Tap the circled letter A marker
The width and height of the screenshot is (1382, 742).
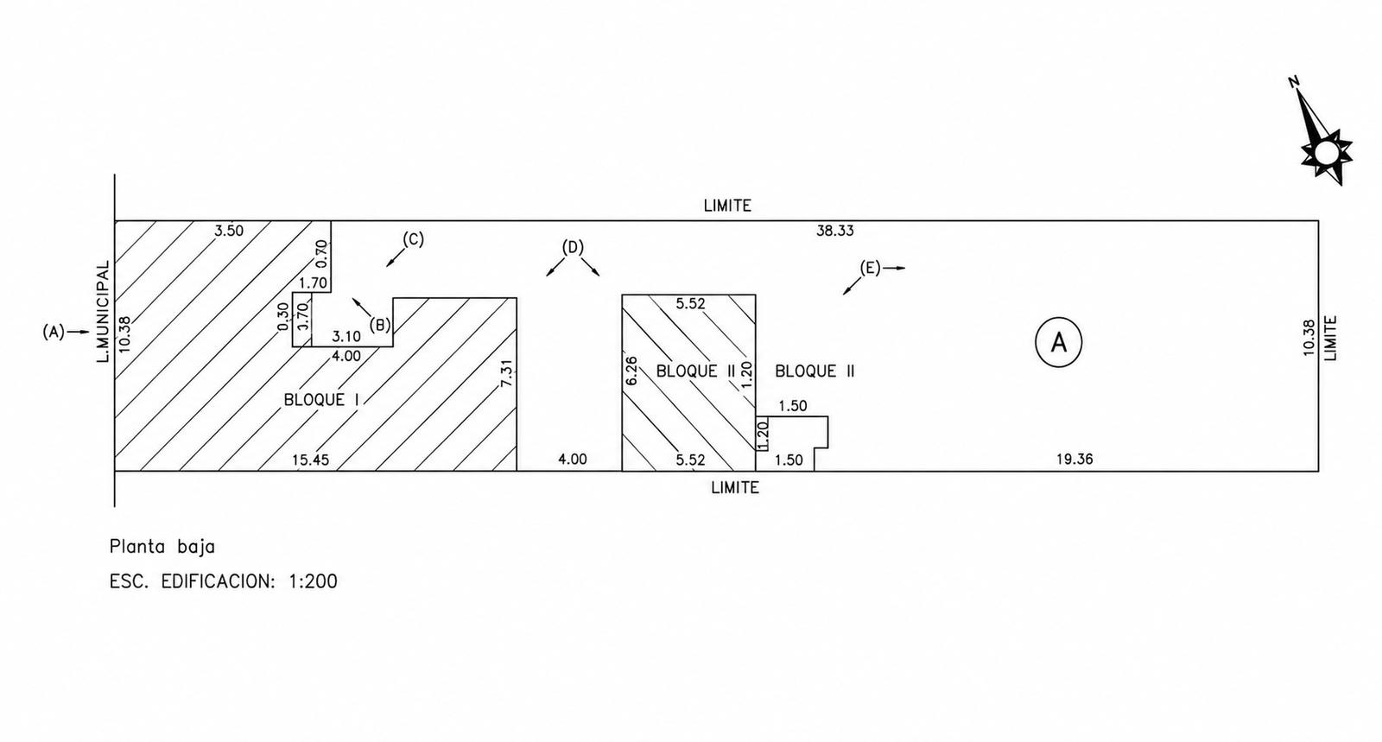(1058, 342)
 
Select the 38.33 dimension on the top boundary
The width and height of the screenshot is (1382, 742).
(834, 231)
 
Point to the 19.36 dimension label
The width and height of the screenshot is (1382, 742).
(1075, 459)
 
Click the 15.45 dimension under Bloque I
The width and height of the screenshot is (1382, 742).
(310, 460)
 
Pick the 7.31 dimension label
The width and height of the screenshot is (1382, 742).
(506, 373)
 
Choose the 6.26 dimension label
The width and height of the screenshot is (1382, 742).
(631, 371)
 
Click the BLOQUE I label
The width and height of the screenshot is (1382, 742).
(321, 400)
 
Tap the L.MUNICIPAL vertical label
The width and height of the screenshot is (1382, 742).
(103, 312)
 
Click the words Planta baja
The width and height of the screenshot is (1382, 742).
(162, 547)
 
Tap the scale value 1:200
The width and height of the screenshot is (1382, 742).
(314, 581)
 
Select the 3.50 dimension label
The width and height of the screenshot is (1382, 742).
(229, 231)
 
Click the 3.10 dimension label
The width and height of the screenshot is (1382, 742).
(346, 337)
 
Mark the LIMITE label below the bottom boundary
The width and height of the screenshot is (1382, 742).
(735, 487)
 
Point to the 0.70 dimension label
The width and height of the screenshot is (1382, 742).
(322, 254)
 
